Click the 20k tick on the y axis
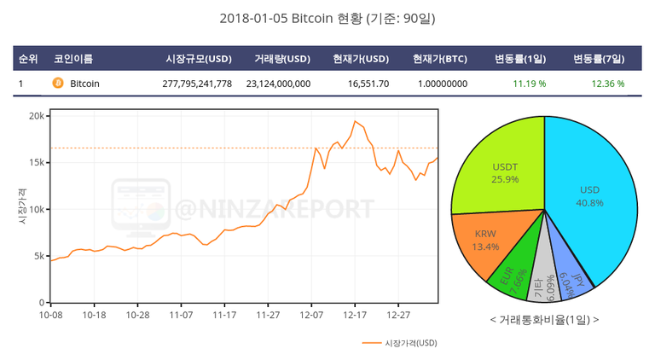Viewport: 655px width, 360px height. (x=35, y=115)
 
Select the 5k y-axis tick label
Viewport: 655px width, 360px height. (x=38, y=256)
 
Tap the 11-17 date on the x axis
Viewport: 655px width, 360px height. (x=223, y=315)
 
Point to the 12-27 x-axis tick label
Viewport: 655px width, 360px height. (x=398, y=315)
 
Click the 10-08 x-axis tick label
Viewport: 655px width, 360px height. (x=51, y=315)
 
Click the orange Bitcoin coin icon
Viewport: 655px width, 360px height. (x=58, y=84)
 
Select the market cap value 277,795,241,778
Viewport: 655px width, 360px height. (x=197, y=84)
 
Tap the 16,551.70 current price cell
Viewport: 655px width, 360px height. (x=368, y=84)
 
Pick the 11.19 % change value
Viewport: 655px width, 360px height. (x=529, y=84)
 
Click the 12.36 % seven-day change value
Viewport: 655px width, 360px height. (x=607, y=84)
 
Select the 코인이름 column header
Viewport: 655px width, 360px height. (x=73, y=59)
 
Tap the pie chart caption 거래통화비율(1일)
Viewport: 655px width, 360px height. (x=544, y=319)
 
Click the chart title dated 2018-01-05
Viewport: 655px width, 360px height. (x=327, y=18)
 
